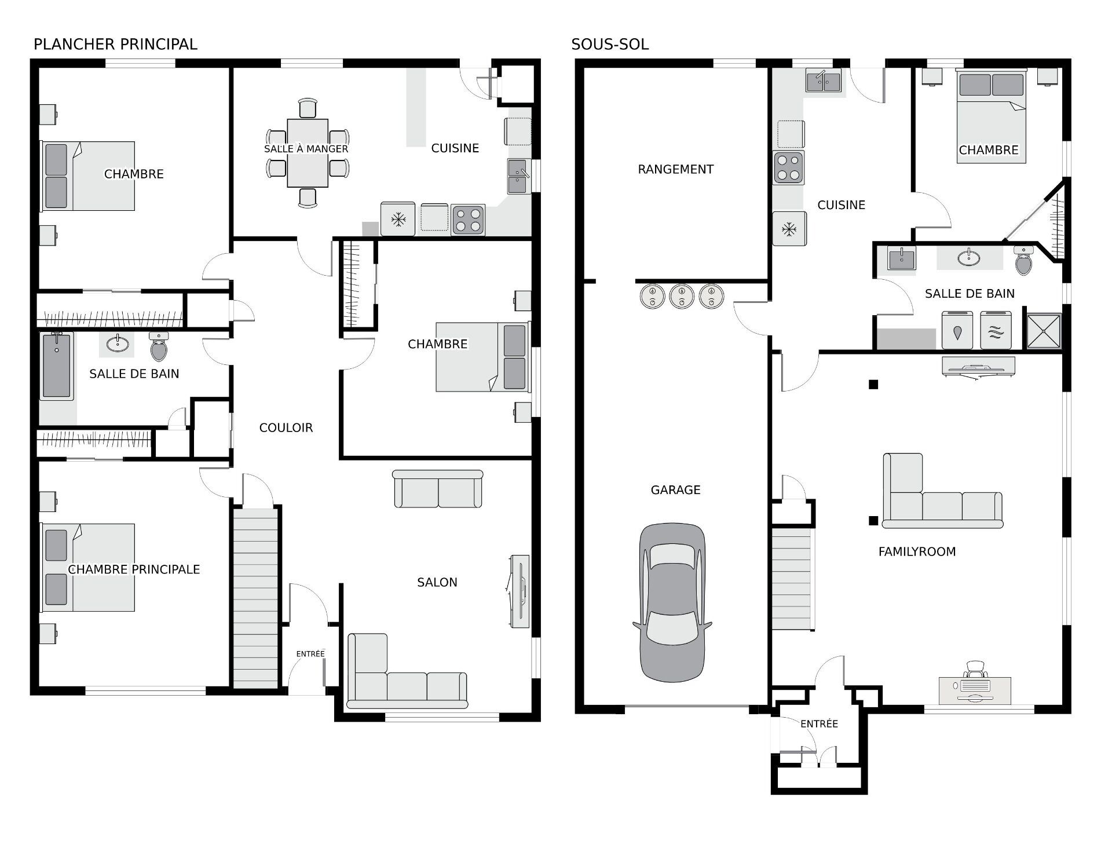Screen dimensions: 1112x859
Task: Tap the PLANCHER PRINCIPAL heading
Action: (115, 44)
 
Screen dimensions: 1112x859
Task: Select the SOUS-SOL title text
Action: (610, 44)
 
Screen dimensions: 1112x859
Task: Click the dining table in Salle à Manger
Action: (308, 153)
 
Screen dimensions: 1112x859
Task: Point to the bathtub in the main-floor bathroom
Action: (56, 366)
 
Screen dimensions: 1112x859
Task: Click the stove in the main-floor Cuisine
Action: (467, 220)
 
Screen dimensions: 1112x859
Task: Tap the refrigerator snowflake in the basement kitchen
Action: (789, 229)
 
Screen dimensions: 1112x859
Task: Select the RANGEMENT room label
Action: (675, 169)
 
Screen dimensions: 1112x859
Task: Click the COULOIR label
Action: (286, 427)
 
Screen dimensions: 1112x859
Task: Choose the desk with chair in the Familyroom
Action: (975, 682)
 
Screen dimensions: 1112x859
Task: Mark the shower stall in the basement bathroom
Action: (1044, 331)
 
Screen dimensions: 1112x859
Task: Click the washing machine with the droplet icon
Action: (957, 330)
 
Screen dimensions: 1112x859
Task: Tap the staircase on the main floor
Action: (255, 597)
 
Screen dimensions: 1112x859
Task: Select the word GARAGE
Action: (675, 490)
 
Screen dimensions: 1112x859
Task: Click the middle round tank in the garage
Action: (682, 296)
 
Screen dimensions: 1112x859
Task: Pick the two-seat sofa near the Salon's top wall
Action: (438, 489)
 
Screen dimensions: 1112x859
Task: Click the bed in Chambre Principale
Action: (87, 568)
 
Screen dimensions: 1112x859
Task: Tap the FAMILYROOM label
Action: (917, 552)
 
